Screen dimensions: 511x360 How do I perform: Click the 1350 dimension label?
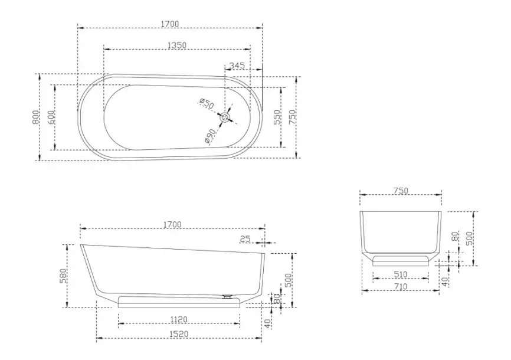(177, 45)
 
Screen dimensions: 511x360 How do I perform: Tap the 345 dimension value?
(237, 66)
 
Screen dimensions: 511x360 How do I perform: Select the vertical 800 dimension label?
(35, 117)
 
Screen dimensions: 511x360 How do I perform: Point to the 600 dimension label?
(51, 117)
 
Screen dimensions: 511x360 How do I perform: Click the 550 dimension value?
(277, 117)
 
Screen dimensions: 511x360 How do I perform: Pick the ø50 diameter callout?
(207, 103)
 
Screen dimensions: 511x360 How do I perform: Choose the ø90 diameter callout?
(210, 136)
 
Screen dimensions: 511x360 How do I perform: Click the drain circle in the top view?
(225, 117)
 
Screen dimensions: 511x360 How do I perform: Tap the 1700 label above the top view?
(170, 24)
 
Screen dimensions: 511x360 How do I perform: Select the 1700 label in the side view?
(172, 224)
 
